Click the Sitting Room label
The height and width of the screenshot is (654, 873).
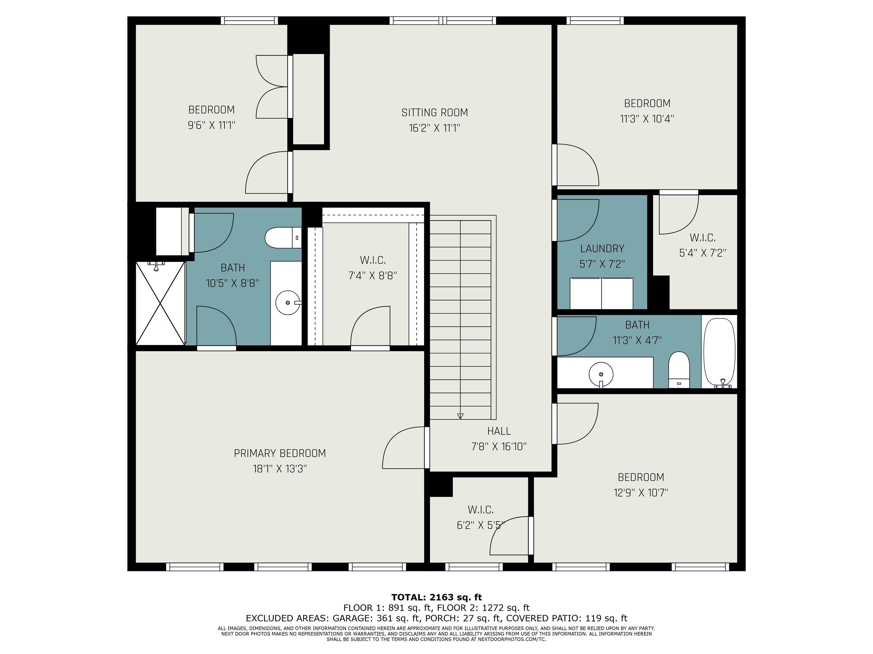pyautogui.click(x=435, y=113)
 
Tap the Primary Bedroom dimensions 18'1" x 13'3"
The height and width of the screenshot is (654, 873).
pyautogui.click(x=280, y=469)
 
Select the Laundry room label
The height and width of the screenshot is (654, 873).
pyautogui.click(x=602, y=249)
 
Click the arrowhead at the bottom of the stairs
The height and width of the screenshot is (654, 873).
pyautogui.click(x=460, y=416)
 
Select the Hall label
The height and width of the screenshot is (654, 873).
pyautogui.click(x=499, y=431)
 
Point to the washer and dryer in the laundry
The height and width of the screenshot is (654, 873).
pyautogui.click(x=602, y=293)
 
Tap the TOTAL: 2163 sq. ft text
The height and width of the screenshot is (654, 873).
pyautogui.click(x=436, y=597)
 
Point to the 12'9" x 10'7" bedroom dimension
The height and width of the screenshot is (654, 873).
pyautogui.click(x=641, y=493)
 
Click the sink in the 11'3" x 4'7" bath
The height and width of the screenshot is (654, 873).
pyautogui.click(x=601, y=374)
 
